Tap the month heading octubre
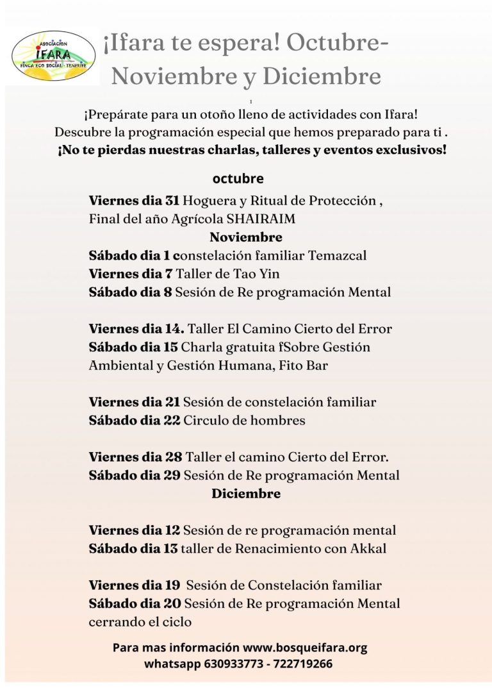tap(238, 178)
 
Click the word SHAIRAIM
tap(261, 219)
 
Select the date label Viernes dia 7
tap(131, 274)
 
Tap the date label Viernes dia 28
tap(135, 457)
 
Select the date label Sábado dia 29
tap(135, 476)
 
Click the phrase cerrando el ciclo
tap(140, 622)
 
